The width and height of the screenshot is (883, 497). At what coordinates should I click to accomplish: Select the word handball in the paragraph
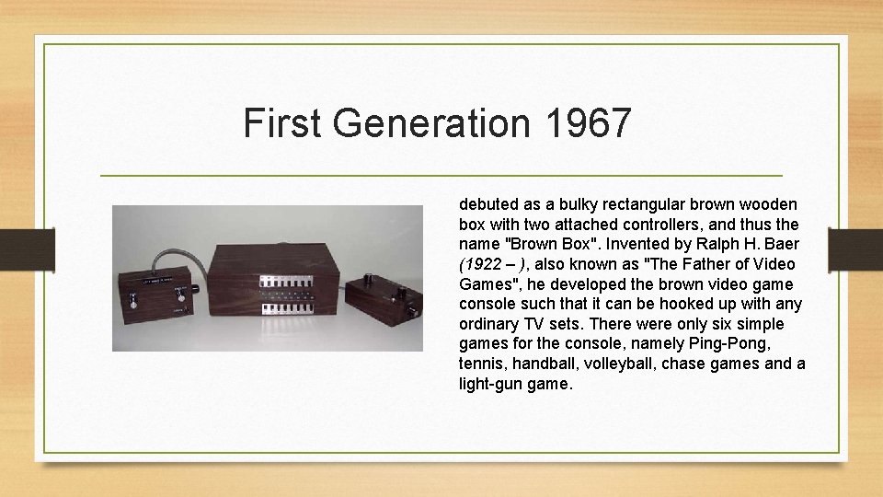545,364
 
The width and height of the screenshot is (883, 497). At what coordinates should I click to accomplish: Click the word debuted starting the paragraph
488,202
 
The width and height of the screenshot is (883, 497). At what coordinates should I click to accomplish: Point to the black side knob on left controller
196,292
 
